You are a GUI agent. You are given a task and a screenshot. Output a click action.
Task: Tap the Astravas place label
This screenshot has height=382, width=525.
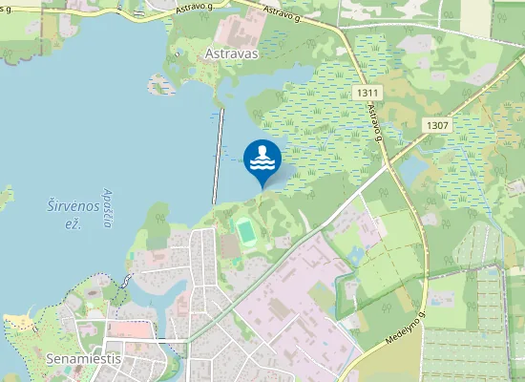click(x=232, y=54)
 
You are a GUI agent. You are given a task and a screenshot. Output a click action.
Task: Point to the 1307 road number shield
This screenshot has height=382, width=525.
click(x=438, y=125)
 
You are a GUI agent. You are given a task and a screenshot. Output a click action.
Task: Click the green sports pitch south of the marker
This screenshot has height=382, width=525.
click(x=244, y=230)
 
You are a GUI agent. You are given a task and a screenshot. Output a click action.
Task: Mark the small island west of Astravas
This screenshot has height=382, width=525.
click(x=163, y=85)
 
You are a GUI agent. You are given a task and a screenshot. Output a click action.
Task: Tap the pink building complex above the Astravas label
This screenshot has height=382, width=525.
click(x=233, y=26)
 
